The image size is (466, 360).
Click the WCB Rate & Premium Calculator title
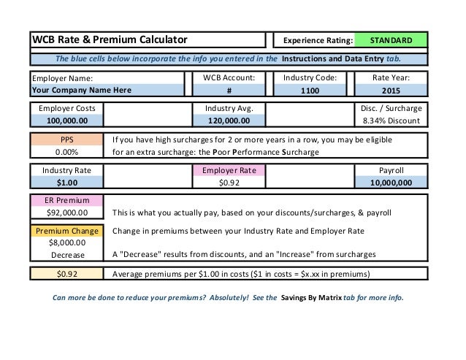(109, 39)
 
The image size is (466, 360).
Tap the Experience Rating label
(318, 39)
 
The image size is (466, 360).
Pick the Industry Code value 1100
(309, 91)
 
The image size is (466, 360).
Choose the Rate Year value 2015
(391, 91)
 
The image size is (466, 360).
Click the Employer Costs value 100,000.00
(67, 121)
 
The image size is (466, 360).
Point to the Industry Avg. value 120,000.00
(229, 121)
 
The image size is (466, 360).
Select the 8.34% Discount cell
(391, 121)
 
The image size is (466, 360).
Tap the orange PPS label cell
(67, 139)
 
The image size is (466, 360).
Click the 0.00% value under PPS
(67, 153)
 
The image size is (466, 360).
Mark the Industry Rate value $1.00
(67, 183)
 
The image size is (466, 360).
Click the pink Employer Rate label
(229, 170)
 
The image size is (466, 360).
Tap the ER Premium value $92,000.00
(67, 213)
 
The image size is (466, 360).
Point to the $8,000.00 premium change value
(67, 243)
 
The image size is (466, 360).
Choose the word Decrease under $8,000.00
(67, 256)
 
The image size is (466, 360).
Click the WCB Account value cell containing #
(229, 91)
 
